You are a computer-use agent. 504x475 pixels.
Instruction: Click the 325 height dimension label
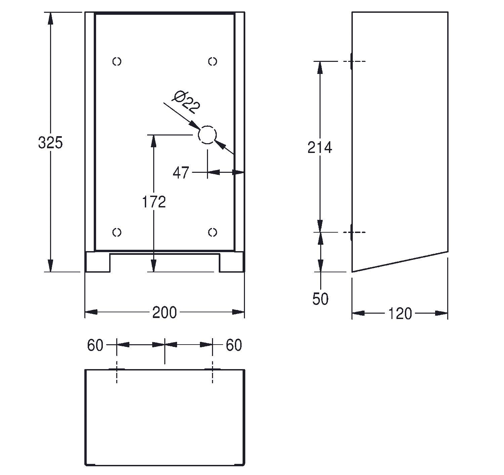point(50,143)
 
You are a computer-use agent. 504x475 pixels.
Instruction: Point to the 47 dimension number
point(181,173)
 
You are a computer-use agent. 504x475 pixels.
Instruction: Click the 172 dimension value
point(154,202)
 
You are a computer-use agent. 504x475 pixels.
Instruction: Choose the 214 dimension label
point(320,147)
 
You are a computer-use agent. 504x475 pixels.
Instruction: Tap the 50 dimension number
point(320,299)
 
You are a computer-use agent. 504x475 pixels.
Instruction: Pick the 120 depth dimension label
point(400,314)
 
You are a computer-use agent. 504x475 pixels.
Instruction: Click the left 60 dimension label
point(95,345)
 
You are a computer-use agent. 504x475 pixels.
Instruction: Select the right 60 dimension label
point(234,345)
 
